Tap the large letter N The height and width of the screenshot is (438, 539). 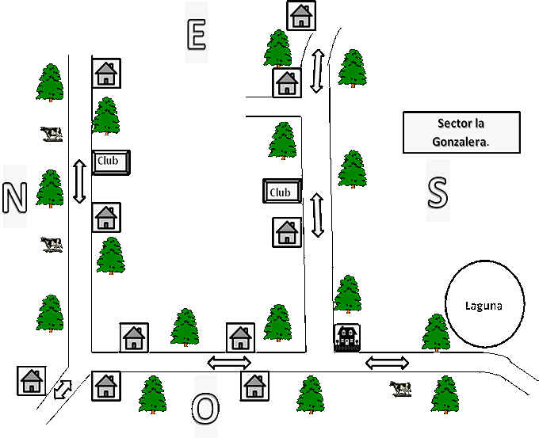point(14,197)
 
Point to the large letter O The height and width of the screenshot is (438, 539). point(205,409)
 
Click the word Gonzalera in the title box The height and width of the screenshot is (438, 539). point(461,141)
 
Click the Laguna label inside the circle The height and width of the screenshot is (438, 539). point(484,305)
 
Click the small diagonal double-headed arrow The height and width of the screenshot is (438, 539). point(62,390)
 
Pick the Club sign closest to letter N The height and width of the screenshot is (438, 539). point(110,162)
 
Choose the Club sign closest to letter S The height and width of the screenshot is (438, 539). point(282,191)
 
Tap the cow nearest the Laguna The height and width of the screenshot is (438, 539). point(401,387)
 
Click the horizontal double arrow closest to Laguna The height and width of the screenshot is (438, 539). point(388,363)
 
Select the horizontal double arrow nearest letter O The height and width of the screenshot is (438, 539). point(229,363)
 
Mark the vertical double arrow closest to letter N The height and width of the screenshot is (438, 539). point(78,181)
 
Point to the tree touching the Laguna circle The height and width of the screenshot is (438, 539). point(437,333)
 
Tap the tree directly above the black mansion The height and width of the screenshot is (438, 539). point(347,295)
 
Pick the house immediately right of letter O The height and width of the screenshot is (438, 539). point(254,386)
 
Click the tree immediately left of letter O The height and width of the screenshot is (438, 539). point(152,394)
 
